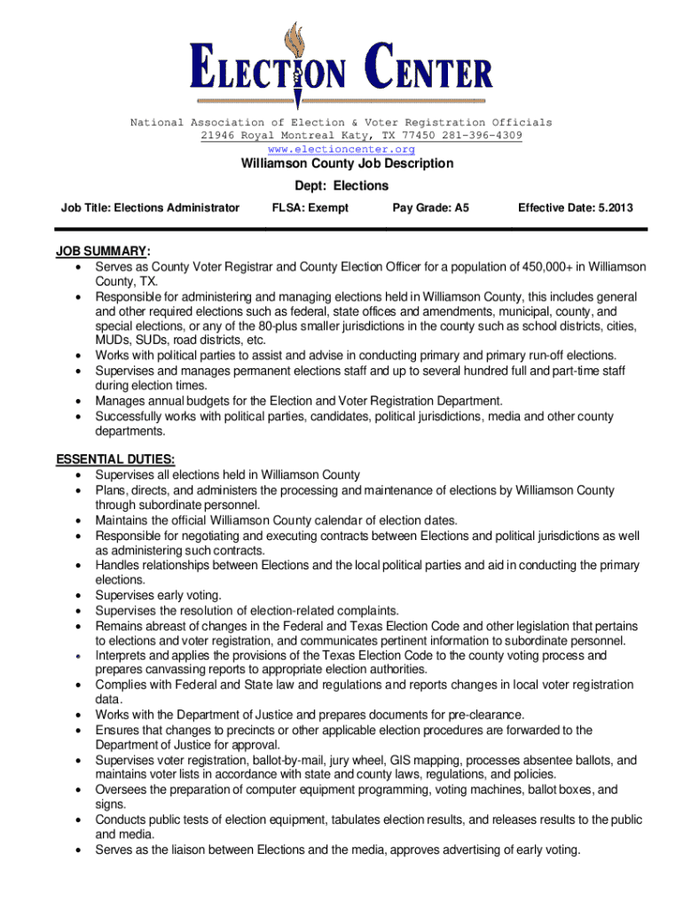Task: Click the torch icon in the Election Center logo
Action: pos(296,58)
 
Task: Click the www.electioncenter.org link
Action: pos(341,149)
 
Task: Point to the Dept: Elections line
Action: pos(341,185)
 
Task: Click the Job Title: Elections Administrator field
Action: pos(150,207)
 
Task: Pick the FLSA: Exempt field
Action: pos(310,207)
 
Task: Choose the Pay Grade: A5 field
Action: pos(430,207)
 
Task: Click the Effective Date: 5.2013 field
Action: pos(576,207)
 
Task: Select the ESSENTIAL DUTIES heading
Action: pos(115,459)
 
